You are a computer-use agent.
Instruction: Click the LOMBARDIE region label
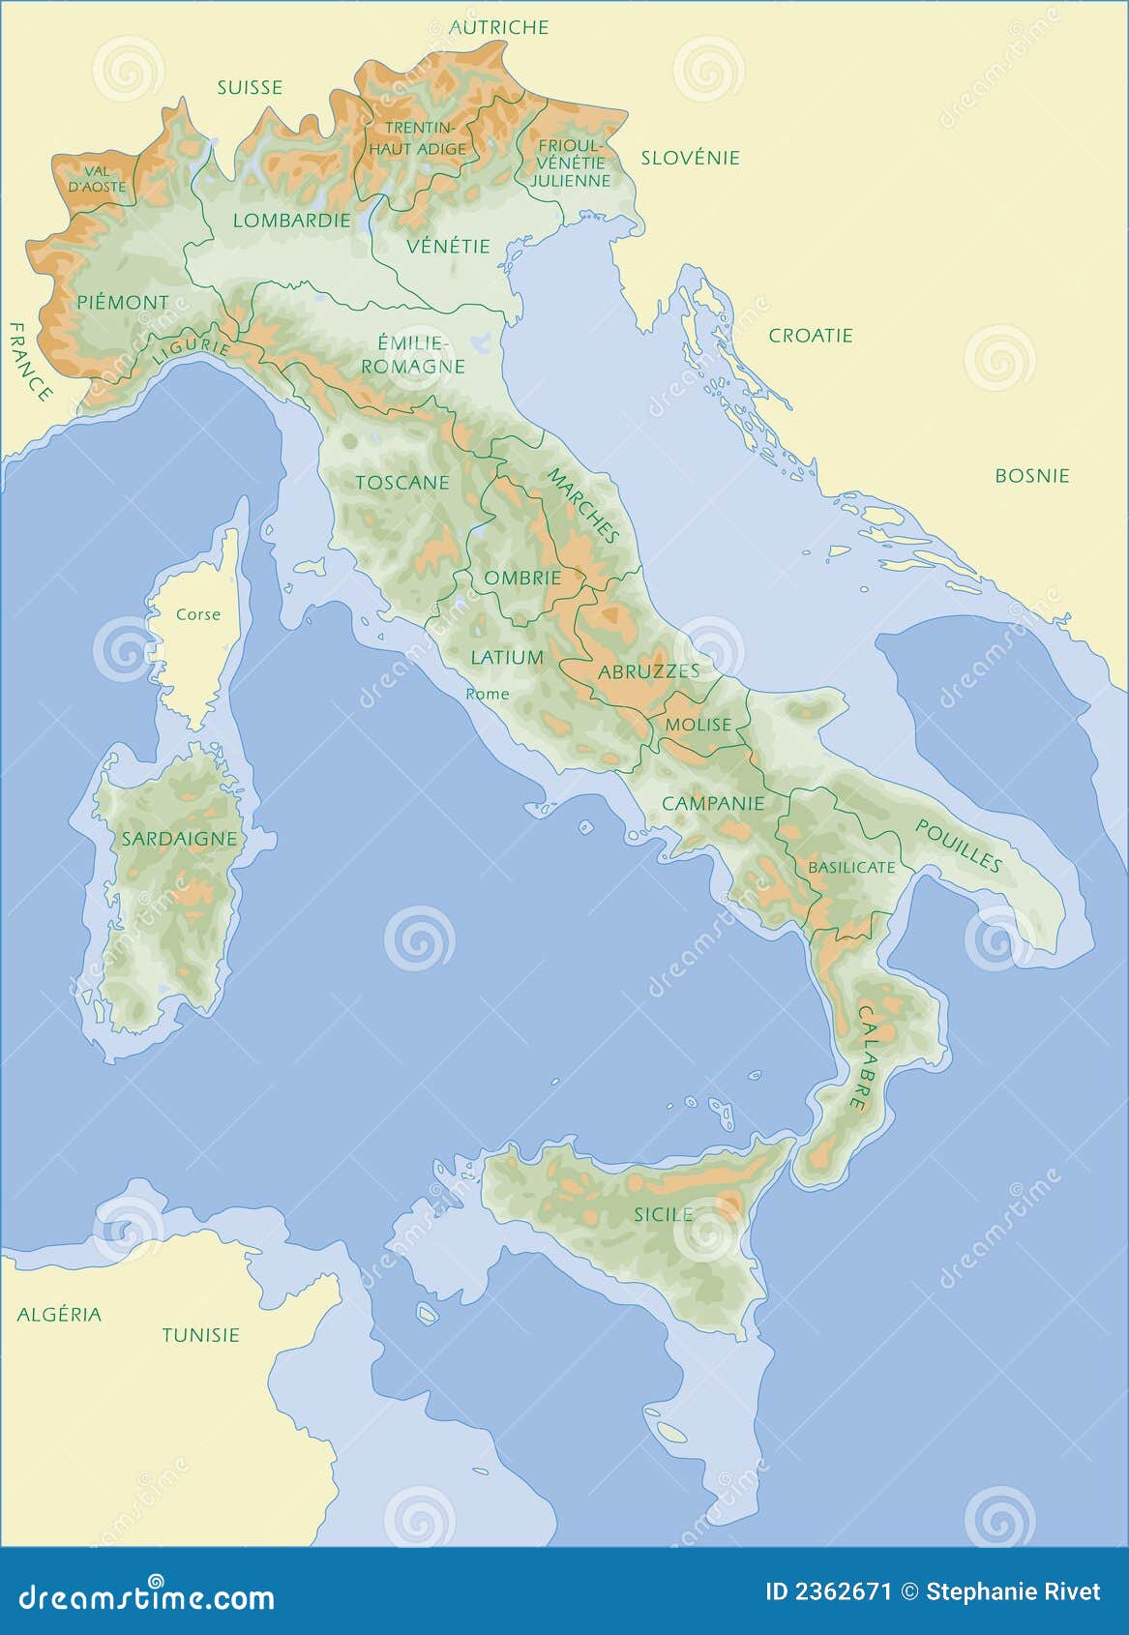291,221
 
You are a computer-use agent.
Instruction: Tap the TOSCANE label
402,482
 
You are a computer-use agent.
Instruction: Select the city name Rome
487,694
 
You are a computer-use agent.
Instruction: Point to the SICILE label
663,1214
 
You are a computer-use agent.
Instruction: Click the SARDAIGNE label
179,839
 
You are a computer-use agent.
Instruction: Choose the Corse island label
198,614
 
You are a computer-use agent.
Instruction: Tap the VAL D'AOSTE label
98,178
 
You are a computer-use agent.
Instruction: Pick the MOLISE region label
698,725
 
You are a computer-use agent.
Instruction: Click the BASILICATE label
851,867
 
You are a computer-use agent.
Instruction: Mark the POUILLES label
958,845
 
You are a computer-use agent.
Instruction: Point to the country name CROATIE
811,336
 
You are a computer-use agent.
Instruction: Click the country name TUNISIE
200,1335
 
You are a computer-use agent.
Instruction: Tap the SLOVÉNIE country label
690,158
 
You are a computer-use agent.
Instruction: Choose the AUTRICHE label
499,27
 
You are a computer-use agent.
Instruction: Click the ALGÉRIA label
59,1314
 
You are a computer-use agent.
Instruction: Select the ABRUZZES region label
648,670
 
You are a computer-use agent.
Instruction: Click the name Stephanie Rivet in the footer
1013,1592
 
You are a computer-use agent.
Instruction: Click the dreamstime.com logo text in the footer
147,1596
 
